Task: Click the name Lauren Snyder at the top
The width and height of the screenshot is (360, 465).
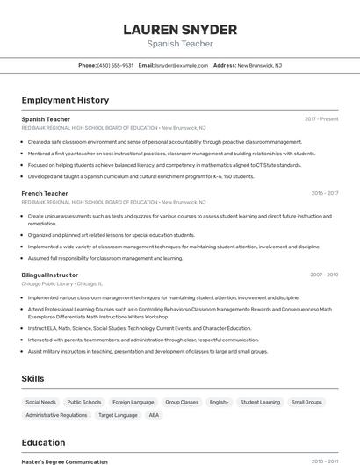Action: pos(180,30)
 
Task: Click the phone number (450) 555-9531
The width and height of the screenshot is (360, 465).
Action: pos(115,65)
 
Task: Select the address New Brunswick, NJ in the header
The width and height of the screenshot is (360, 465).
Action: pos(259,65)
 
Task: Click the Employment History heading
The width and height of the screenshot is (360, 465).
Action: pos(65,101)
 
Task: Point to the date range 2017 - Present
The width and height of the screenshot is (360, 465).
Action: pos(321,118)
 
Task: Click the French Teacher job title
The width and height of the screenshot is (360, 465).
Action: pos(45,193)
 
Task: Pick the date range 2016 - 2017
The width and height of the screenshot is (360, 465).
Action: pos(325,193)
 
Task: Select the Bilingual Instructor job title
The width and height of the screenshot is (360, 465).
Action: pos(50,275)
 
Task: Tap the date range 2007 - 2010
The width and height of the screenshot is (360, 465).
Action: pos(324,275)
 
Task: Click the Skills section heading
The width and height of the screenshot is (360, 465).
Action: pos(33,378)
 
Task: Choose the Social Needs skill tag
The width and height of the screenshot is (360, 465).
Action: pos(40,402)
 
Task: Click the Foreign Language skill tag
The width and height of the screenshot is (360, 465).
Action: pos(133,402)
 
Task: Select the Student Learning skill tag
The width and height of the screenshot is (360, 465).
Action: pos(260,402)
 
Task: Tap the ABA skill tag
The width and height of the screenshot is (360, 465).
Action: pos(154,415)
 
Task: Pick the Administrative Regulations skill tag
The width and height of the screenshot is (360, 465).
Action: pos(56,415)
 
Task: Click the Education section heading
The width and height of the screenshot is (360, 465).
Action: pos(43,442)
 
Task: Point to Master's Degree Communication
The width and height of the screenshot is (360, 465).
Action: pos(64,461)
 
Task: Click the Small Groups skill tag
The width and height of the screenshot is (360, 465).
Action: pos(306,402)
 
